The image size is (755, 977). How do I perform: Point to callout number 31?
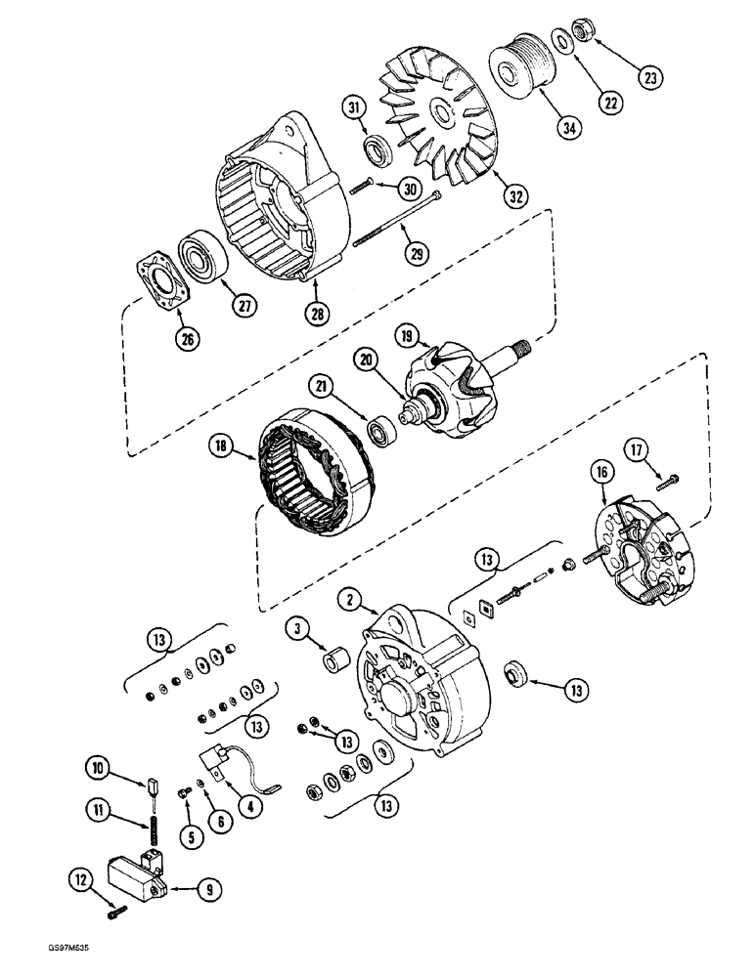pyautogui.click(x=356, y=108)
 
